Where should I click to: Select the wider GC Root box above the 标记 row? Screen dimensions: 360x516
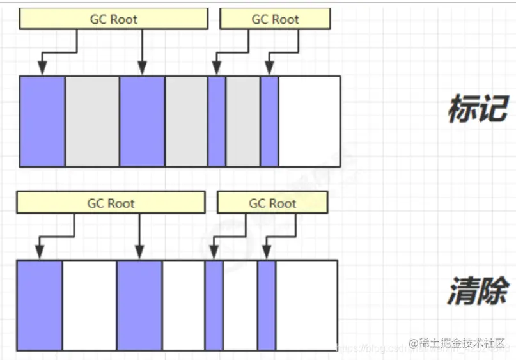click(x=114, y=19)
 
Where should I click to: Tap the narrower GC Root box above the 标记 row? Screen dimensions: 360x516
click(x=275, y=19)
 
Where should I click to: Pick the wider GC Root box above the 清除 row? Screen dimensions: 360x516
click(x=111, y=203)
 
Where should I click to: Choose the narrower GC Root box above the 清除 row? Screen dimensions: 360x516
click(x=272, y=203)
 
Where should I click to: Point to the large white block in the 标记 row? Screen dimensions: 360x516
click(x=309, y=121)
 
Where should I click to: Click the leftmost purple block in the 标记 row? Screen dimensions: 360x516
click(x=42, y=121)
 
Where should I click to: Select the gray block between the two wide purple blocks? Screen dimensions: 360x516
click(x=92, y=121)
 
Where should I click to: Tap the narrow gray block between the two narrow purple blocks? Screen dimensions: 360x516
click(x=243, y=121)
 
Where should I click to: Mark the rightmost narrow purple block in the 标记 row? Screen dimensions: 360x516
click(x=269, y=121)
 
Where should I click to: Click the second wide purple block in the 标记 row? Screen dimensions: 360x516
click(x=142, y=121)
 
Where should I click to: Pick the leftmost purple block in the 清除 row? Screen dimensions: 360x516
click(x=40, y=305)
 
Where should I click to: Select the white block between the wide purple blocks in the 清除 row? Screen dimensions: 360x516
click(x=90, y=305)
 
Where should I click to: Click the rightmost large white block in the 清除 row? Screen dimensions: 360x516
click(x=306, y=305)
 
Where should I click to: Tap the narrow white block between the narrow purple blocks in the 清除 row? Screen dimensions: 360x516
click(x=240, y=305)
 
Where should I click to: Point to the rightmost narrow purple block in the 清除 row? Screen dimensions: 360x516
click(x=267, y=305)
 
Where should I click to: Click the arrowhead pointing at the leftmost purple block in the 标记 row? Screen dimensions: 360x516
click(x=42, y=68)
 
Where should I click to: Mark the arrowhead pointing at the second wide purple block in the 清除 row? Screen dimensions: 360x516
click(x=139, y=252)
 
